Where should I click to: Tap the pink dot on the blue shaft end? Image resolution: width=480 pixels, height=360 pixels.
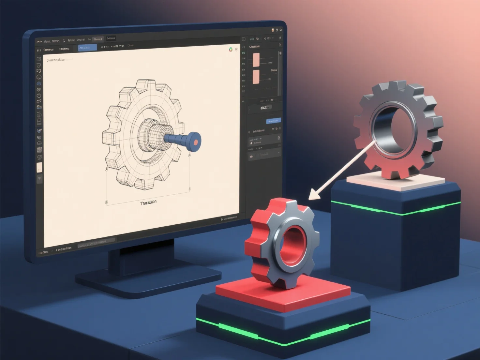tap(196, 142)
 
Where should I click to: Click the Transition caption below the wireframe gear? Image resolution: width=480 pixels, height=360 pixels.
tap(148, 203)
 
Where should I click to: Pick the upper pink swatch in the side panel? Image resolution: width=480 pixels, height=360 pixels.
tap(256, 60)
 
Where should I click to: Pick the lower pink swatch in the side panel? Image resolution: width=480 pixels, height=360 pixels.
tap(256, 77)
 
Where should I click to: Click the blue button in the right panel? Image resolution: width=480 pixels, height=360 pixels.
tap(273, 121)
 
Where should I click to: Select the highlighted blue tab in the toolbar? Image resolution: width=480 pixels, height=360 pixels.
tap(87, 48)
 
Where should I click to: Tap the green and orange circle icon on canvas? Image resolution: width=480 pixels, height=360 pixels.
tap(231, 50)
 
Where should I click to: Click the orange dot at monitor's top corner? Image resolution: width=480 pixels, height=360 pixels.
tap(273, 30)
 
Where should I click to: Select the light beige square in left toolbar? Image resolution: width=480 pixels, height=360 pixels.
tap(39, 168)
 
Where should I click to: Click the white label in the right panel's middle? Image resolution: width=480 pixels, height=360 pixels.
tap(263, 108)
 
